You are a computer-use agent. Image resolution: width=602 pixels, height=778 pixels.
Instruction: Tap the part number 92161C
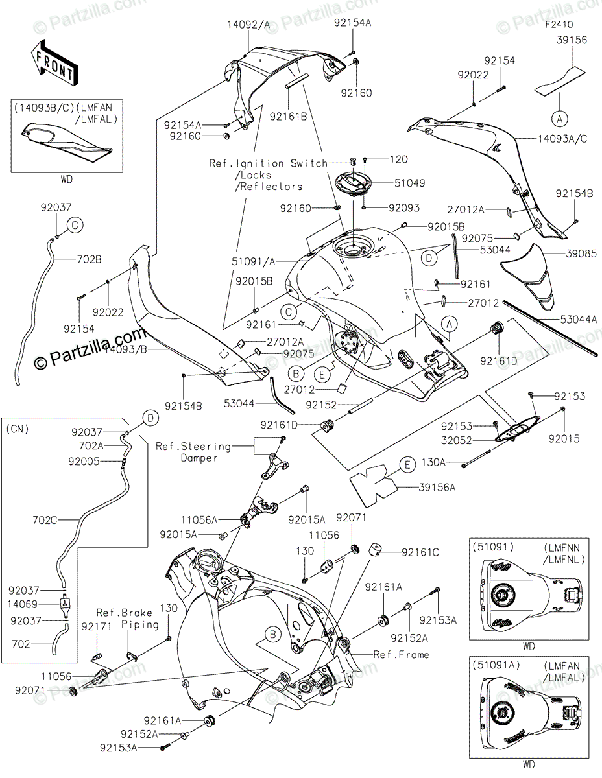point(420,552)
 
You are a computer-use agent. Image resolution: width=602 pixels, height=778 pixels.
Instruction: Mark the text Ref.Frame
point(401,655)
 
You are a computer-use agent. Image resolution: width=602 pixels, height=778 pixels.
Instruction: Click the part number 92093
point(404,208)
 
